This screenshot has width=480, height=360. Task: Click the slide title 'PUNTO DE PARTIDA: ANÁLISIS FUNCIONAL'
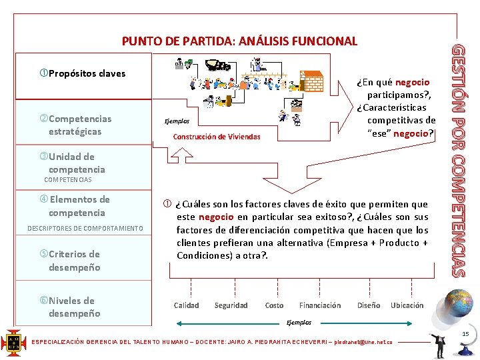pos(239,41)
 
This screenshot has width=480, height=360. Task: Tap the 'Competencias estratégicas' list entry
pos(79,125)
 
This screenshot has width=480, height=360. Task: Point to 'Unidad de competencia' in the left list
pos(72,163)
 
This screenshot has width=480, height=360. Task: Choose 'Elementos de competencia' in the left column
pos(77,206)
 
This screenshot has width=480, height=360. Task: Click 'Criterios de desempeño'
pos(74,261)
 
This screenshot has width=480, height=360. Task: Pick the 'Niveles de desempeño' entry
pos(74,307)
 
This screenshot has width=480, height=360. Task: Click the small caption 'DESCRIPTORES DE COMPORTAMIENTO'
pos(85,229)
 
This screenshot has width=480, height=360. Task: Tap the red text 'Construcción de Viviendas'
pos(217,137)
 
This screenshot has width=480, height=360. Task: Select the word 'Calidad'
pos(187,305)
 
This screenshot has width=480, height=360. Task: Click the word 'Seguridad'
pos(231,305)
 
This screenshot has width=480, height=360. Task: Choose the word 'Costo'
pos(274,305)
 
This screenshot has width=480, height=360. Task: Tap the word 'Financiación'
pos(320,305)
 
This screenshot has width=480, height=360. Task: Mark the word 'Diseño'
pos(369,305)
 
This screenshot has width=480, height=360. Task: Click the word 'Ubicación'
pos(407,305)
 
